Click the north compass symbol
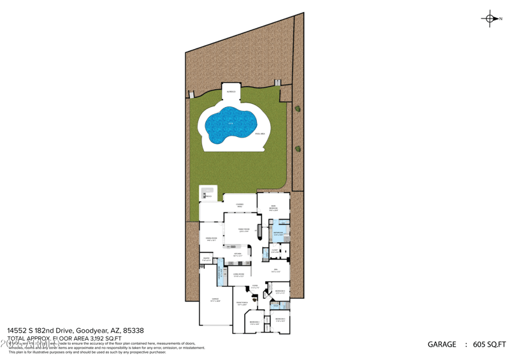[490, 18]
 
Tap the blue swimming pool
[230, 125]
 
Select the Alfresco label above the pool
[230, 92]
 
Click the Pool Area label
[259, 134]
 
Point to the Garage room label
[215, 299]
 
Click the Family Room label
[243, 231]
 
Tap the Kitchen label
[237, 254]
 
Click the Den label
[275, 271]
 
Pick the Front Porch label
[242, 304]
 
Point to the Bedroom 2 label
[280, 319]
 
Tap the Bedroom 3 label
[254, 322]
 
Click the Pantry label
[206, 259]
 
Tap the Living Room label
[238, 275]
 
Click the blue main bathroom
[279, 233]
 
